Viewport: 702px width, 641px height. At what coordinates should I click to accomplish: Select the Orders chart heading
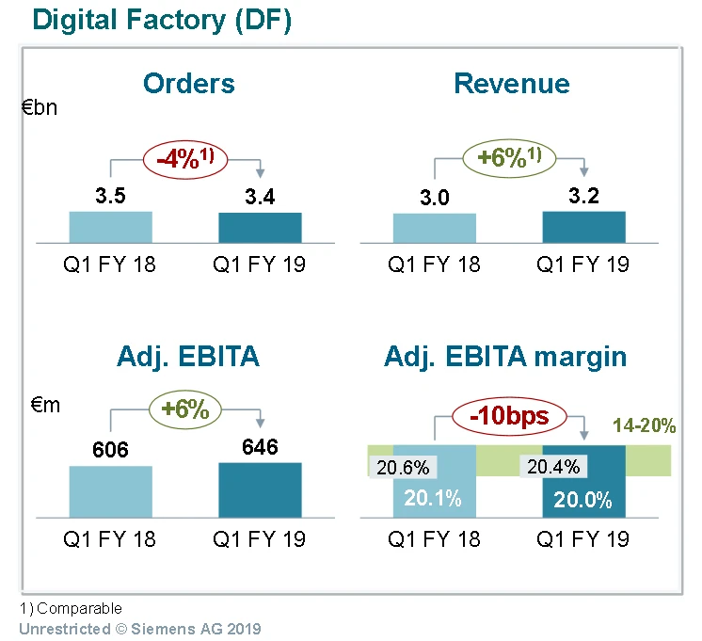(x=188, y=83)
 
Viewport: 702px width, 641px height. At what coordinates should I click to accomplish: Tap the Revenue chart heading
(x=511, y=83)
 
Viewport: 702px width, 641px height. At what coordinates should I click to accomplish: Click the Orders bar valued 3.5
(x=110, y=228)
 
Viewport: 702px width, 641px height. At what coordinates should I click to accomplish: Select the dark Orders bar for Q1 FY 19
(x=261, y=228)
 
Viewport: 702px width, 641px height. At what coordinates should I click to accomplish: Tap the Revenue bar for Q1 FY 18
(x=435, y=229)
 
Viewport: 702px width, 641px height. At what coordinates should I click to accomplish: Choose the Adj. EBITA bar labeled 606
(x=110, y=491)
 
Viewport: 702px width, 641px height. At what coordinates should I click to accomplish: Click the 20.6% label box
(x=403, y=467)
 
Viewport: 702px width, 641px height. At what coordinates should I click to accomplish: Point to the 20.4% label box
(x=553, y=467)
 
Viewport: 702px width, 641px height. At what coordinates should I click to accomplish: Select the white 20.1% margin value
(x=434, y=499)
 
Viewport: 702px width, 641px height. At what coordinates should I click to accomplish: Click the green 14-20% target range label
(x=644, y=425)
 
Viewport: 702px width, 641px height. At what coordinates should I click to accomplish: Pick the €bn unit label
(x=40, y=107)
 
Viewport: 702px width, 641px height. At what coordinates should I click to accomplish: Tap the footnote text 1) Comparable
(x=72, y=609)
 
